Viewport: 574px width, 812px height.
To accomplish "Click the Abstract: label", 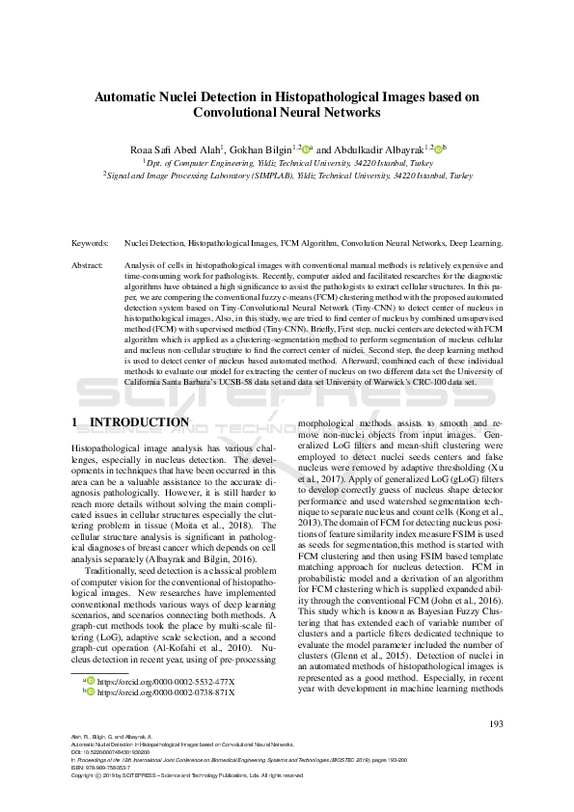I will point(90,264).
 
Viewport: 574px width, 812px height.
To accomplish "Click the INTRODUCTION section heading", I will point(139,422).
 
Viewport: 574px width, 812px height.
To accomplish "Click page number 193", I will point(496,723).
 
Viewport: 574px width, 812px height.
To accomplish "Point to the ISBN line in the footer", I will point(103,767).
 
